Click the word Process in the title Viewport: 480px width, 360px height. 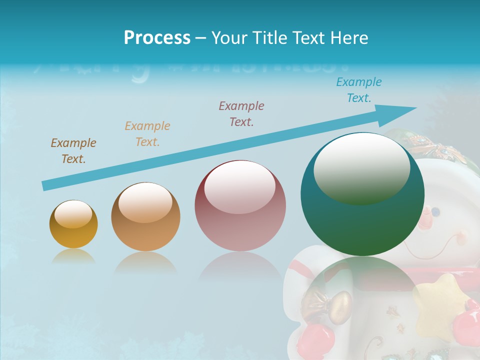pos(157,38)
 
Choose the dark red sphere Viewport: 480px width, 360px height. pos(240,206)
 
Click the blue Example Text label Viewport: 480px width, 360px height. pos(358,90)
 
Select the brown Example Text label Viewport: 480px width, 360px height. pos(73,151)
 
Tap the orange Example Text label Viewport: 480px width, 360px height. pos(147,134)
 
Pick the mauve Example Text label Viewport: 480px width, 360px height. pos(241,113)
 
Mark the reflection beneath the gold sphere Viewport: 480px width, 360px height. pos(73,256)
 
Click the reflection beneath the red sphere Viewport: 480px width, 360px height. pos(240,267)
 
